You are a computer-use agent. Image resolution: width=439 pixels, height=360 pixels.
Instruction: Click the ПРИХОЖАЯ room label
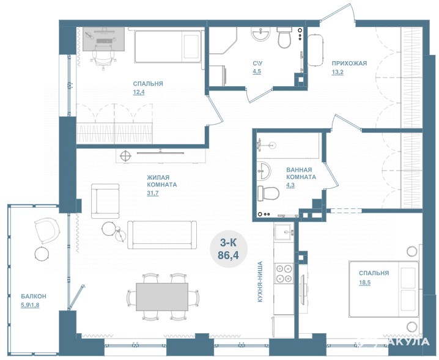click(x=349, y=64)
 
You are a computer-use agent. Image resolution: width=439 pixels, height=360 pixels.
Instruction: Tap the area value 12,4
click(x=139, y=92)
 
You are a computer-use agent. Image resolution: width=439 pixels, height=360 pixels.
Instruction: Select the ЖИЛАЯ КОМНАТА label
click(x=162, y=181)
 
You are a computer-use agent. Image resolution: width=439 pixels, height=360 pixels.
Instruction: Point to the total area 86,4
click(x=228, y=255)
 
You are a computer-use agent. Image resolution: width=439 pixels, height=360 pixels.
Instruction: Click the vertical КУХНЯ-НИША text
click(x=260, y=282)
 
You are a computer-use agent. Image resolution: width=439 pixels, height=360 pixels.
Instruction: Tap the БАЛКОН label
click(x=34, y=296)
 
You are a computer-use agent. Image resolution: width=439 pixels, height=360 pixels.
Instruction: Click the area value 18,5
click(x=364, y=282)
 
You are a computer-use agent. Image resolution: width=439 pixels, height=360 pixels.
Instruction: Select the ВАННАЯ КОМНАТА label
click(x=301, y=174)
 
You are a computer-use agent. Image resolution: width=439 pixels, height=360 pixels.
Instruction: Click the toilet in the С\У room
click(x=284, y=37)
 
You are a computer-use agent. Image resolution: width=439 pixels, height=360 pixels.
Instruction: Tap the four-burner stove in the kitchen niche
click(x=284, y=273)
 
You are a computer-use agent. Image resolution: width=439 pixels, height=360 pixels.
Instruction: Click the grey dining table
click(x=162, y=296)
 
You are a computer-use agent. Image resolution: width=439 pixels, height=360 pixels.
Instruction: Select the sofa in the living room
click(x=162, y=235)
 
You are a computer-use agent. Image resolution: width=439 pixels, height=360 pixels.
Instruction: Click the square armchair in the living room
click(x=105, y=201)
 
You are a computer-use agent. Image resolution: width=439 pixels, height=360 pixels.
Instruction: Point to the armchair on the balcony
click(x=47, y=230)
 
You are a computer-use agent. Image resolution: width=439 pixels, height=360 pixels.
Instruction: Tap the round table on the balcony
click(x=42, y=254)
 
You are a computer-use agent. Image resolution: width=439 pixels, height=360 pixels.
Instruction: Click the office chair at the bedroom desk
click(x=104, y=58)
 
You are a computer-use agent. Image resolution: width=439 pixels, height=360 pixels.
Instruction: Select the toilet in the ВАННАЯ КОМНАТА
click(x=268, y=193)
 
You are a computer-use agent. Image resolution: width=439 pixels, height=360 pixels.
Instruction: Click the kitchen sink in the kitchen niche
click(x=284, y=232)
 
